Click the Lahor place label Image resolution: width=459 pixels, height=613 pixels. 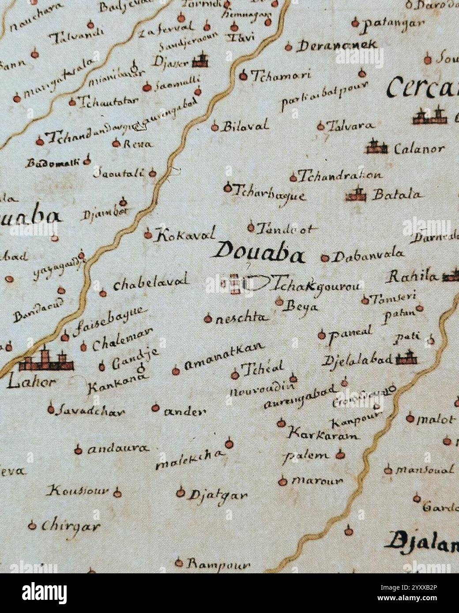(x=31, y=382)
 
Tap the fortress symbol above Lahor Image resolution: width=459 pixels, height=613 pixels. (x=46, y=361)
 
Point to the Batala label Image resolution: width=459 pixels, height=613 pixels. (x=397, y=194)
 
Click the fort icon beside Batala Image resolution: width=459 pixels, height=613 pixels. (x=357, y=194)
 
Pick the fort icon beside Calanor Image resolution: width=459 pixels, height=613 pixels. (x=376, y=147)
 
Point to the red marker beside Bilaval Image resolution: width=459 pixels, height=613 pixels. (x=215, y=127)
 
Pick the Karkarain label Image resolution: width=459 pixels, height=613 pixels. (x=323, y=434)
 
